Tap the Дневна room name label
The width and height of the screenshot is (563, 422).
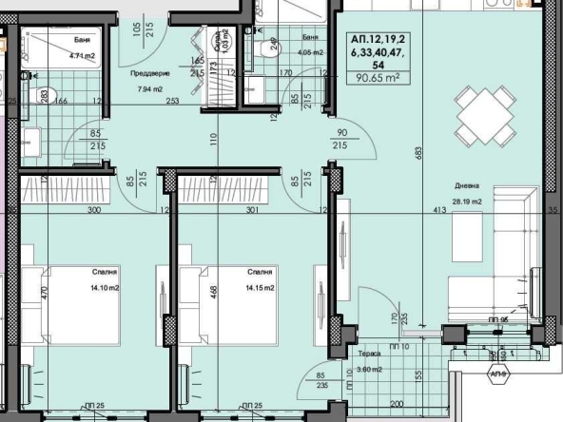pos(465,187)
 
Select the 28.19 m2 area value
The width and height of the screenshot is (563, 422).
pos(465,201)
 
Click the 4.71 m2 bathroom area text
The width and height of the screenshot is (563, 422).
pos(83,56)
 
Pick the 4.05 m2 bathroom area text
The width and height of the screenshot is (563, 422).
pos(310,51)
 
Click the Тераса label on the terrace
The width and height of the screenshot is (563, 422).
pos(371,353)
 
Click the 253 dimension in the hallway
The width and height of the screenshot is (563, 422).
pos(169,99)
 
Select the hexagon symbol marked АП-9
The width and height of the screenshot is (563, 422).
pos(495,374)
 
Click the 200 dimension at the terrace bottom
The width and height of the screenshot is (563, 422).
pos(397,403)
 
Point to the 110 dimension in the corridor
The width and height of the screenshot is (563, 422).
pos(215,138)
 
